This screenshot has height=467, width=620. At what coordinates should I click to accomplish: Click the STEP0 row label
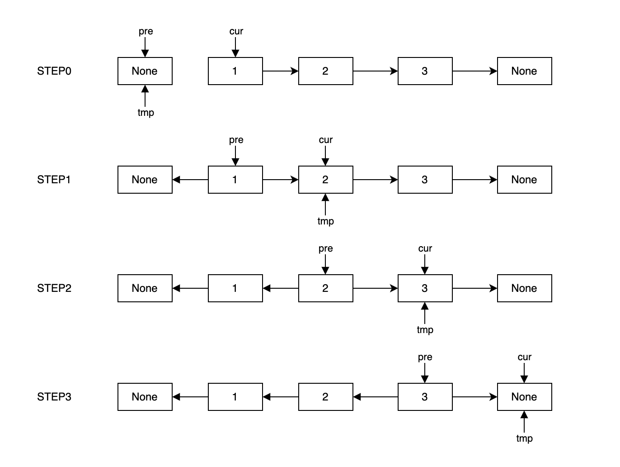click(x=54, y=71)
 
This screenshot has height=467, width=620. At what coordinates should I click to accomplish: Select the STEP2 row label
click(x=54, y=288)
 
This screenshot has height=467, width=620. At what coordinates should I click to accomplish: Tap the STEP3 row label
click(x=54, y=397)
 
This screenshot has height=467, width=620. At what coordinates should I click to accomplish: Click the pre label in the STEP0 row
click(x=146, y=31)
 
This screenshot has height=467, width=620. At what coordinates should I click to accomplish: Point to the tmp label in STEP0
click(x=146, y=113)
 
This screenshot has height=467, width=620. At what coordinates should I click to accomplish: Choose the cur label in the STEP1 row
click(x=325, y=140)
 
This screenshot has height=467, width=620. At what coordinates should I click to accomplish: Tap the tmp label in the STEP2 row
click(x=425, y=330)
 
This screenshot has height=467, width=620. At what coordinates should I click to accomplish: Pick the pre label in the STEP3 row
click(x=425, y=357)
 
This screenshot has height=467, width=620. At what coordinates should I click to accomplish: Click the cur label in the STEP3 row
click(x=524, y=357)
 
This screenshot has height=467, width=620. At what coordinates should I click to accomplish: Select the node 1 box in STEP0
click(x=235, y=71)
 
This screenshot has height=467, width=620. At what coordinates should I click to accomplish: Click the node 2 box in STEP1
click(x=325, y=180)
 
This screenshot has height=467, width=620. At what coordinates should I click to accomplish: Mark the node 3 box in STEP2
click(x=425, y=288)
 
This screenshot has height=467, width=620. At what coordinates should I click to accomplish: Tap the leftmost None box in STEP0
click(x=145, y=71)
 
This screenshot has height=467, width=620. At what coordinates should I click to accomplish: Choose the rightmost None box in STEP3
click(x=524, y=397)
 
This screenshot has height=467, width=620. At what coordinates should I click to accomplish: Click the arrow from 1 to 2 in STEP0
click(x=280, y=71)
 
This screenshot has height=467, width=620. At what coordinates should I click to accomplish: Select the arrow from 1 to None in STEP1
click(x=190, y=180)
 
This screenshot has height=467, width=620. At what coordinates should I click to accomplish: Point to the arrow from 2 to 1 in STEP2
click(x=281, y=288)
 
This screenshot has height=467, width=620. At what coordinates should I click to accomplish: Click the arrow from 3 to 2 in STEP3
click(x=376, y=397)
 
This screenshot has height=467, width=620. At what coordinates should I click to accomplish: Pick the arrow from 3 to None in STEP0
click(x=474, y=71)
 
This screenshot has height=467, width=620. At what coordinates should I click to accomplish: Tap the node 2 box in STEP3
click(x=325, y=397)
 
